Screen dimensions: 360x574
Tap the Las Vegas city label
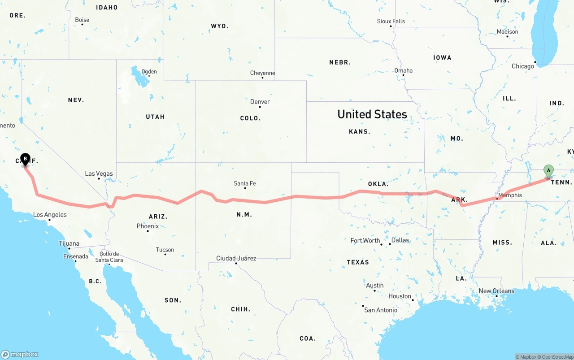click(x=99, y=173)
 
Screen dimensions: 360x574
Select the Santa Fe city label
click(x=245, y=183)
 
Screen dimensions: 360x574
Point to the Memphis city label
click(x=510, y=195)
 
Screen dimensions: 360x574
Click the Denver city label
click(x=260, y=102)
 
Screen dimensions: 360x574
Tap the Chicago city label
click(x=523, y=66)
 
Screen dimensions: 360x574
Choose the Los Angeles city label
click(x=50, y=215)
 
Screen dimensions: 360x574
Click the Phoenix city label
click(x=148, y=226)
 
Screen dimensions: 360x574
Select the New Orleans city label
click(x=496, y=291)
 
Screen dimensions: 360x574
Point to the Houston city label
click(x=400, y=296)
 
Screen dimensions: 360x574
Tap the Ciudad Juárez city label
click(x=236, y=258)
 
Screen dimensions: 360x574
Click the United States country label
click(x=372, y=114)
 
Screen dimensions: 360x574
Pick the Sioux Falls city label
click(x=391, y=21)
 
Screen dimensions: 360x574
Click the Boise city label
click(x=82, y=20)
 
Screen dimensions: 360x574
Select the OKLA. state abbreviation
click(x=378, y=184)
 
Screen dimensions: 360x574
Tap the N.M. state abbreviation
click(x=244, y=214)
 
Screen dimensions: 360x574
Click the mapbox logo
click(x=20, y=354)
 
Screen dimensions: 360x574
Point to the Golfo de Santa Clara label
click(x=109, y=257)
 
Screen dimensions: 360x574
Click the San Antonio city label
click(x=381, y=310)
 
